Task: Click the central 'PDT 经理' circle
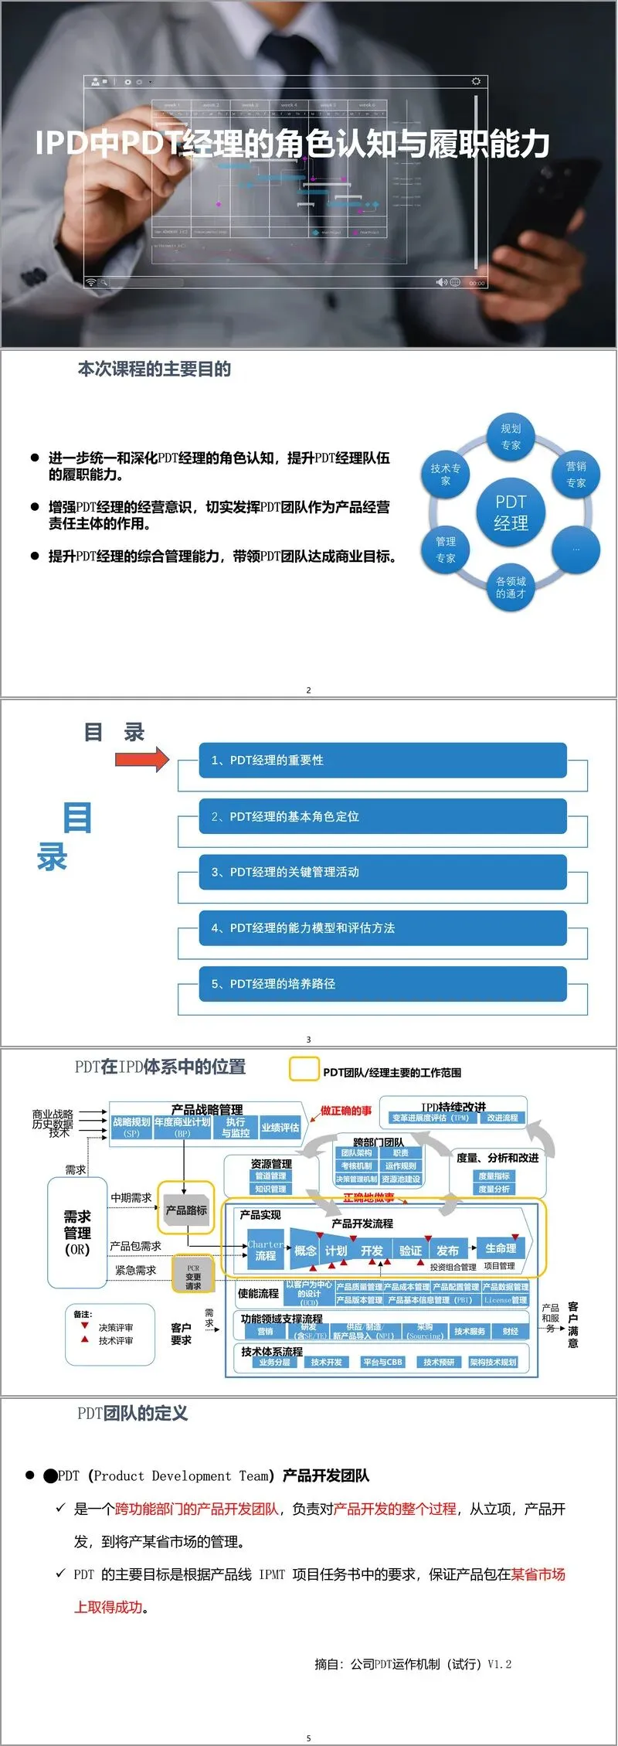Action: click(x=511, y=512)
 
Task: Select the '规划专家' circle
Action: click(x=511, y=437)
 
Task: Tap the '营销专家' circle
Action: click(x=576, y=474)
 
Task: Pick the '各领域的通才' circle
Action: click(x=511, y=587)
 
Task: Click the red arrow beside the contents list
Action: click(x=142, y=759)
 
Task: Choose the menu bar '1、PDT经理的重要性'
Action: click(x=382, y=761)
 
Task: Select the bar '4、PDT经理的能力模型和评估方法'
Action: click(x=382, y=927)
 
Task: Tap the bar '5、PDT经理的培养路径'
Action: click(x=382, y=984)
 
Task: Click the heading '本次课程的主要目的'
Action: click(x=154, y=369)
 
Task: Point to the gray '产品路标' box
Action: click(x=186, y=1210)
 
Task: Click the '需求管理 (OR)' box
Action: click(x=77, y=1233)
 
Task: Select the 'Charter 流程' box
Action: click(x=266, y=1250)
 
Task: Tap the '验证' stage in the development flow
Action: click(x=410, y=1250)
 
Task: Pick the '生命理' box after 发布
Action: click(x=501, y=1247)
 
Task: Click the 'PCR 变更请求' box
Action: click(x=193, y=1276)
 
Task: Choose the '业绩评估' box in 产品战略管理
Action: click(x=280, y=1128)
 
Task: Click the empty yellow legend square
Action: click(x=304, y=1070)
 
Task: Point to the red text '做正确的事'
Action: click(x=346, y=1111)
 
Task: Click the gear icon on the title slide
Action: click(x=476, y=81)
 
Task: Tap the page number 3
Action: click(x=308, y=1040)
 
